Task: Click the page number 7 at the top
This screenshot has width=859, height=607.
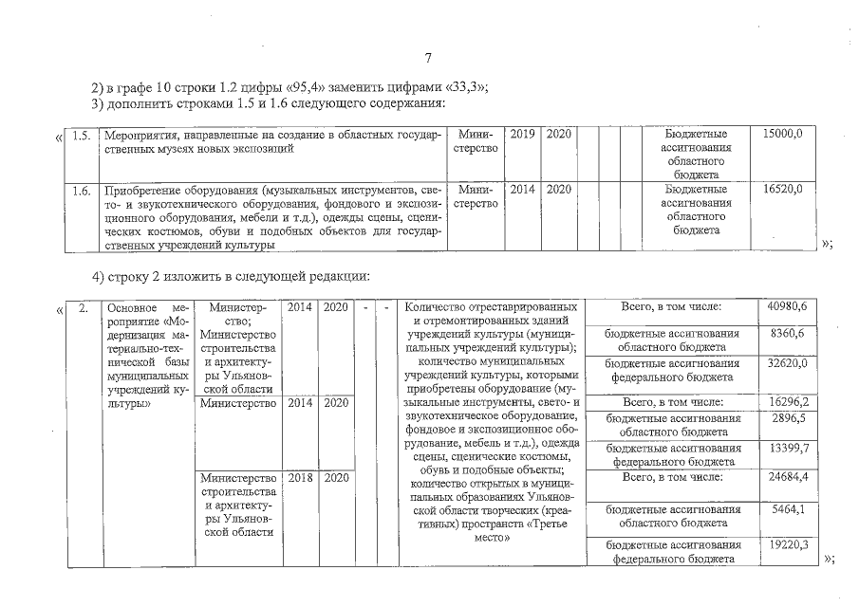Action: (430, 59)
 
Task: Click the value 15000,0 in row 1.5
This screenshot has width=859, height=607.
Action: (783, 136)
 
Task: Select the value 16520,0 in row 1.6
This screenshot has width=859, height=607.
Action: (783, 190)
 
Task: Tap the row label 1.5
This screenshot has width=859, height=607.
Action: (83, 136)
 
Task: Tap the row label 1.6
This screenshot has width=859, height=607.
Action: (83, 190)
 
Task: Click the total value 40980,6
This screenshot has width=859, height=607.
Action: (786, 307)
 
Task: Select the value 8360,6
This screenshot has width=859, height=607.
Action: (789, 335)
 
